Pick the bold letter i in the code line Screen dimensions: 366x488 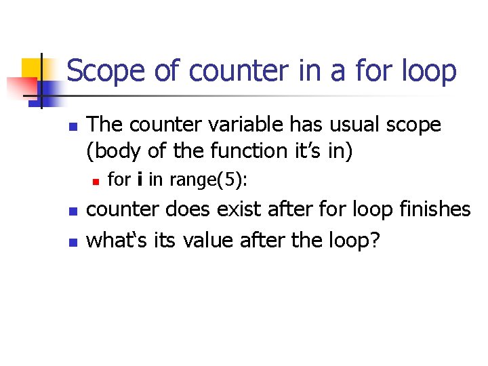click(139, 180)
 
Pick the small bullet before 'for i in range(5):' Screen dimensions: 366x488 click(96, 181)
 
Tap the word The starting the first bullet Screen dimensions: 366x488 click(108, 125)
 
